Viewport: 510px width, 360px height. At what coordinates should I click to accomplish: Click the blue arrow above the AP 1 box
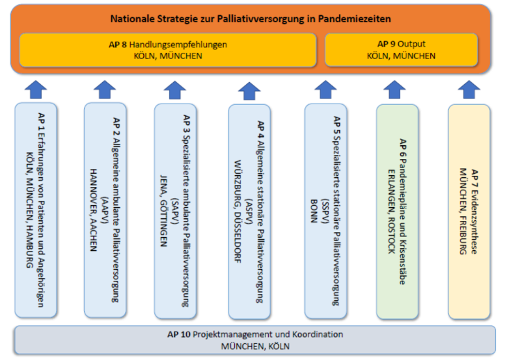tap(35, 90)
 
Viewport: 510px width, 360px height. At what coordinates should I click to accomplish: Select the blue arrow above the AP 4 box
tap(249, 91)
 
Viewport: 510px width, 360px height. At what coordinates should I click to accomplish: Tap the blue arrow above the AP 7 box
tap(469, 90)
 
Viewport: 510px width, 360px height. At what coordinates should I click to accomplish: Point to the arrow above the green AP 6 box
tap(395, 90)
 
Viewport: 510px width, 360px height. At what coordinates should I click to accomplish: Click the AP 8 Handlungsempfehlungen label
tap(168, 44)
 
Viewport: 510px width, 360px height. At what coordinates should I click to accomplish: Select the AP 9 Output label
tap(402, 44)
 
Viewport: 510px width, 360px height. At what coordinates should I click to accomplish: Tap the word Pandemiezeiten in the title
tap(354, 19)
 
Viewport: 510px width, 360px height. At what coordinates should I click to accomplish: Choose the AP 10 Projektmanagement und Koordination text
tap(255, 334)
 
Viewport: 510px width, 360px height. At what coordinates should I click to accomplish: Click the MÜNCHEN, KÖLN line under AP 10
tap(255, 346)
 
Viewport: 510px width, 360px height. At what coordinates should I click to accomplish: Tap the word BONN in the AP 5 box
tap(313, 211)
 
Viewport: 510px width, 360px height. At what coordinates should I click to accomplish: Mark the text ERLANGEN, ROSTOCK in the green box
tap(392, 211)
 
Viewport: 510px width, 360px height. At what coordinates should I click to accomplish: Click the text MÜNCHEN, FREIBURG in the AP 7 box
tap(463, 211)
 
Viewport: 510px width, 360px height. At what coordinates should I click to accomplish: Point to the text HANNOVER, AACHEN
tap(93, 210)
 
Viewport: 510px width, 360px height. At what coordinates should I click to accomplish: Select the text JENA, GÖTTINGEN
tap(163, 211)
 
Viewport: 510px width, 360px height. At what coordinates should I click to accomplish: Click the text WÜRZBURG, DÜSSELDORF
tap(238, 211)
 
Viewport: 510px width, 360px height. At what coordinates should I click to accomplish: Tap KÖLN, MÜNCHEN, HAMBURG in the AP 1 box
tap(30, 210)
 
